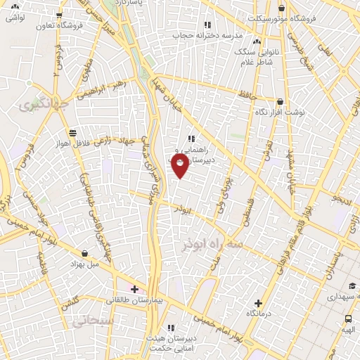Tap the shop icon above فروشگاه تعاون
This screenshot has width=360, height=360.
(59, 14)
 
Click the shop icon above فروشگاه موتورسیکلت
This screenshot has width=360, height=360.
(281, 7)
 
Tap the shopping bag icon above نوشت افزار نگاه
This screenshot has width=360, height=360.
(281, 102)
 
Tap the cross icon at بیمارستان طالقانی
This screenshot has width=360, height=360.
(134, 288)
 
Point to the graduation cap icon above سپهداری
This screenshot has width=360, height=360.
(351, 285)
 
